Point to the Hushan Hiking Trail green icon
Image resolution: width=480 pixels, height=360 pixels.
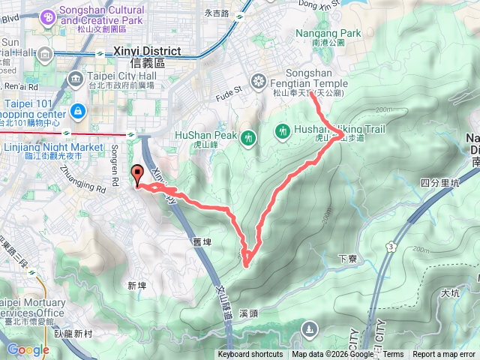[x=283, y=130]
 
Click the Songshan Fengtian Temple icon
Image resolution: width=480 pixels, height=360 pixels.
[x=258, y=81]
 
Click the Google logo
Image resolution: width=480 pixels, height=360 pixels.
[x=28, y=349]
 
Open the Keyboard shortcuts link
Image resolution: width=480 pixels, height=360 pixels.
[x=250, y=355]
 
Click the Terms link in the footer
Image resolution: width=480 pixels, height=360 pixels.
[x=393, y=355]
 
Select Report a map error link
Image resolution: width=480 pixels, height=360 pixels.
[x=444, y=355]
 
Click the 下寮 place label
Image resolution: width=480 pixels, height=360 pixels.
[x=347, y=258]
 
